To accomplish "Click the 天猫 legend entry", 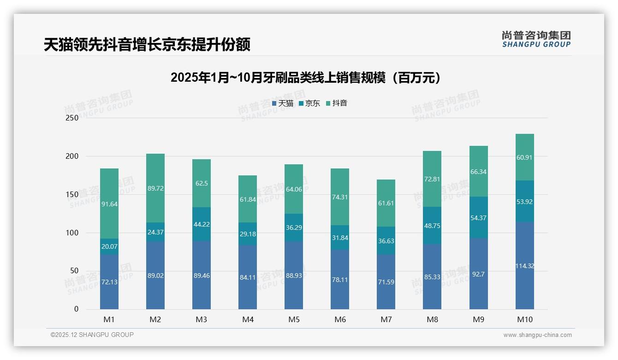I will (x=283, y=103).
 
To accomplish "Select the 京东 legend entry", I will (x=309, y=103).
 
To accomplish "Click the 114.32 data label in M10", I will (x=525, y=266).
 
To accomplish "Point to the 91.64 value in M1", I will (x=109, y=204).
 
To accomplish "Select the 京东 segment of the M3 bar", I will (x=202, y=224).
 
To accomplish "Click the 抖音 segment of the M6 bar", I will (x=340, y=197).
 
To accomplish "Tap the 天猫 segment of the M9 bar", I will (x=479, y=274).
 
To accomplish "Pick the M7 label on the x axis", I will (x=386, y=319).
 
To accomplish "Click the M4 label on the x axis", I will (x=248, y=319).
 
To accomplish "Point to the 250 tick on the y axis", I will (x=72, y=118).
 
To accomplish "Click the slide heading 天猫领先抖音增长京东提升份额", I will (x=147, y=45).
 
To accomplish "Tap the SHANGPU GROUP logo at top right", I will (x=536, y=39).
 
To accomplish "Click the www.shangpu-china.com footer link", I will (x=537, y=335).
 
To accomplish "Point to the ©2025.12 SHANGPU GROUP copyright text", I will (x=92, y=335).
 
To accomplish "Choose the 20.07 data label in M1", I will (x=109, y=246).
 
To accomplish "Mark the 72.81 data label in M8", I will (x=433, y=179).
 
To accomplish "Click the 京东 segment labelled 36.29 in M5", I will (x=294, y=228).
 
